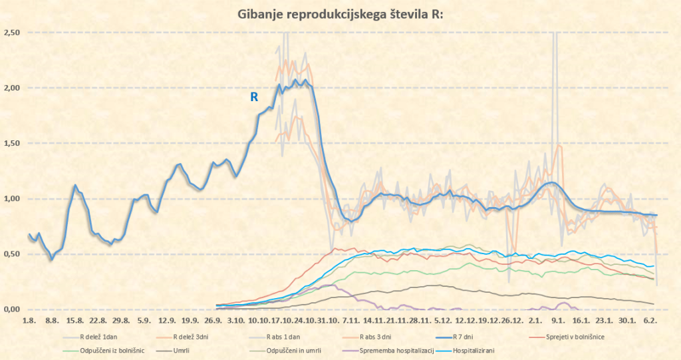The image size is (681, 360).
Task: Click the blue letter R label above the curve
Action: tap(253, 97)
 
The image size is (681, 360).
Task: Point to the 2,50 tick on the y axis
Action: tap(12, 33)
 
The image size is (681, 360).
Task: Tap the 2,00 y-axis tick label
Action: tap(12, 88)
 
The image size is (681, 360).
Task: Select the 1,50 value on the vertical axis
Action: tap(12, 143)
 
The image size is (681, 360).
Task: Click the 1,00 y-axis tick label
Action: tap(12, 199)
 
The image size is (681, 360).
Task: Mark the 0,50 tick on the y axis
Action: tap(12, 254)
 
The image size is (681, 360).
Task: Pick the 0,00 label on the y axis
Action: tap(12, 309)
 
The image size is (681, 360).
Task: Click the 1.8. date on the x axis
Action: tap(29, 321)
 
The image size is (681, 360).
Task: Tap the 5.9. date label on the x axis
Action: tap(143, 321)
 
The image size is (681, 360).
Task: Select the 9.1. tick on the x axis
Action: tap(559, 321)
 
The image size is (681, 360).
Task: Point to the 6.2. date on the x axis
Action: tap(651, 321)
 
